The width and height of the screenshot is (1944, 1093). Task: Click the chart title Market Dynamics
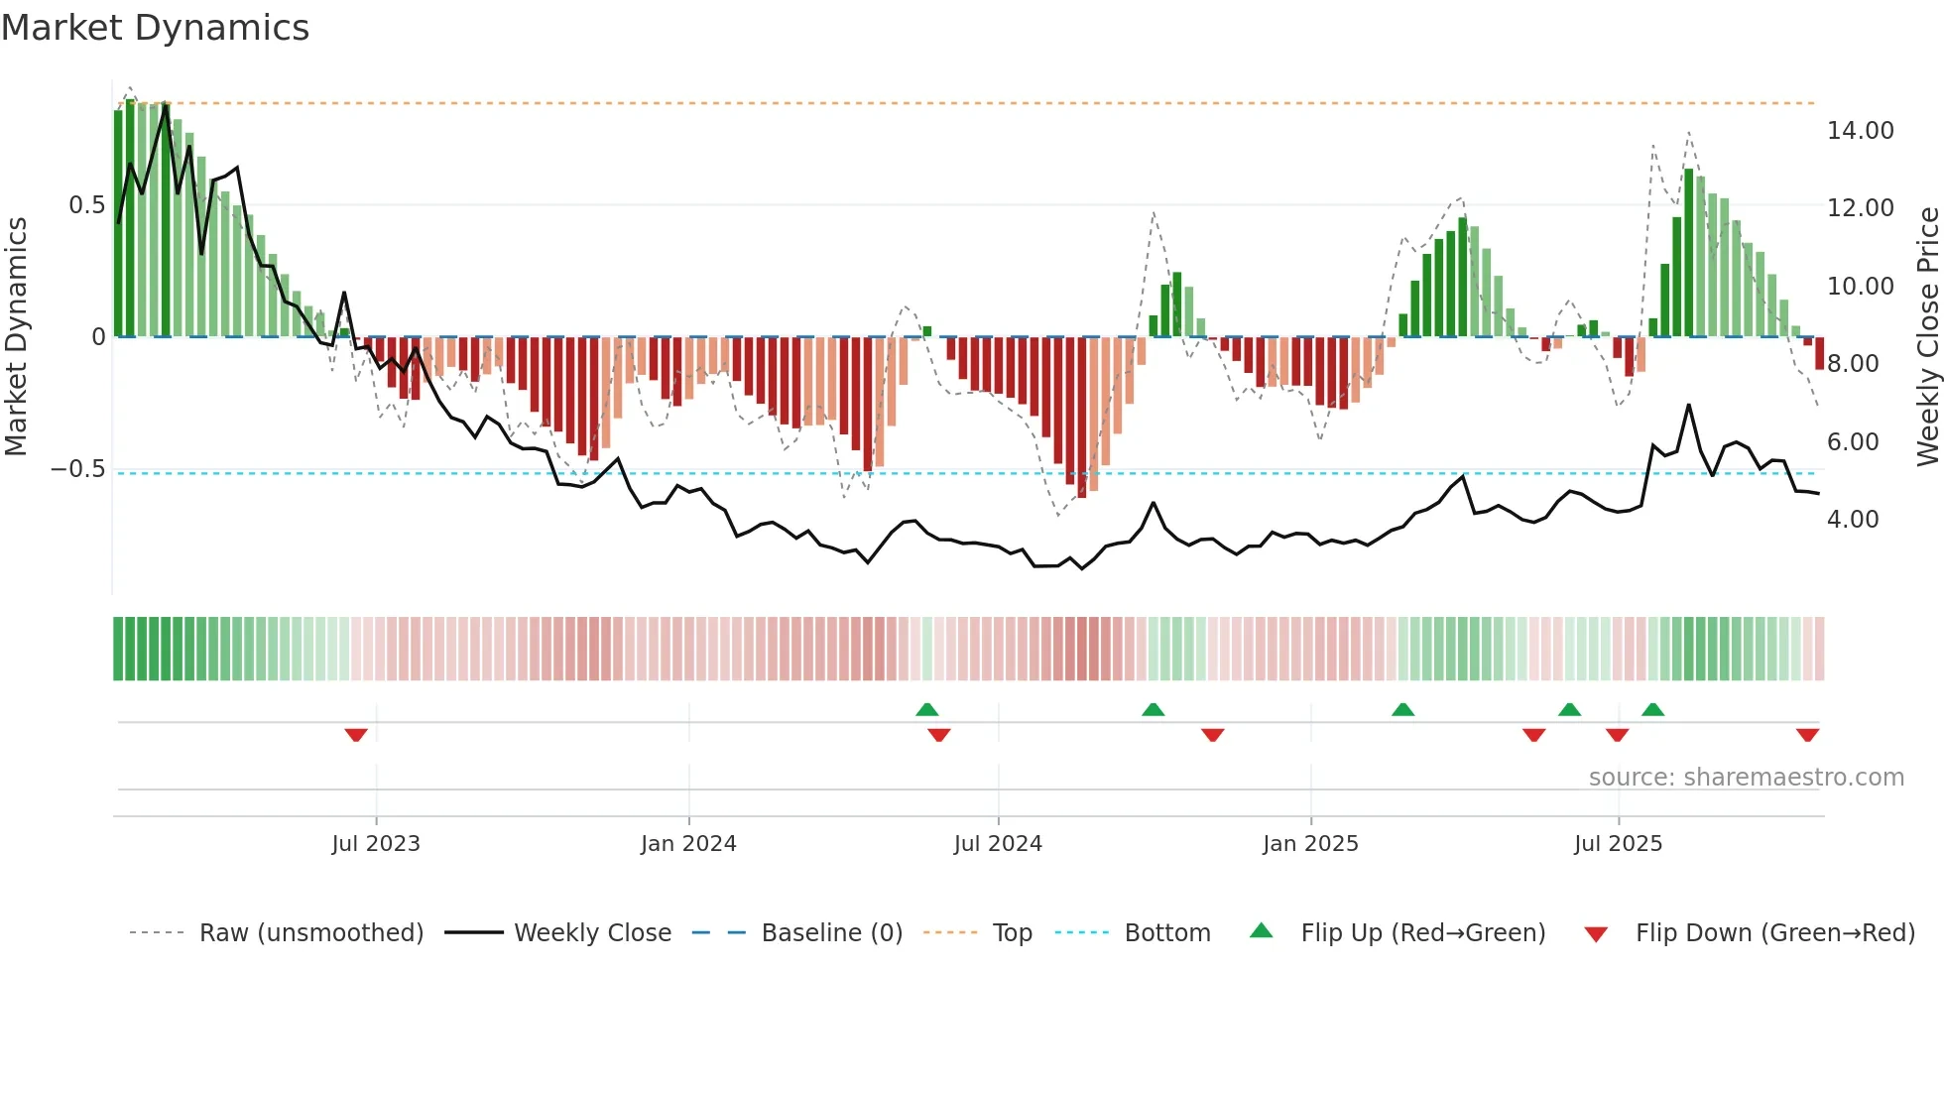click(155, 28)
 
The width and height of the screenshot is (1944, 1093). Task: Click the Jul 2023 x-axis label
click(376, 844)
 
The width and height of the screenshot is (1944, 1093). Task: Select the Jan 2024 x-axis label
click(688, 844)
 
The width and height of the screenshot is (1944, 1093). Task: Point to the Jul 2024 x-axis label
click(998, 844)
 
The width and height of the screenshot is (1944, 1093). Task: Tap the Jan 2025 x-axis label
click(1310, 844)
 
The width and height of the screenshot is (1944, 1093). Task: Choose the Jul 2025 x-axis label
click(1618, 844)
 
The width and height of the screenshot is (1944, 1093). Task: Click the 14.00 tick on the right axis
click(1860, 131)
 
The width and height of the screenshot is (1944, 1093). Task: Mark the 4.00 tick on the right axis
click(1853, 520)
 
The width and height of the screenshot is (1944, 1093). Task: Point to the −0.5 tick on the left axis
click(78, 469)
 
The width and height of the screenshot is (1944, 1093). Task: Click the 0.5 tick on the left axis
click(86, 205)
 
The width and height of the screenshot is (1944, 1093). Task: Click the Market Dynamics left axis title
click(16, 337)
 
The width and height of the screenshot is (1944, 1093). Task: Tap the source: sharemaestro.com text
click(1746, 778)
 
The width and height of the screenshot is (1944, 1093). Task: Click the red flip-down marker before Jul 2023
click(356, 735)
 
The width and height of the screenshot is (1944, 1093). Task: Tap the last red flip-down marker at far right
click(1807, 735)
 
